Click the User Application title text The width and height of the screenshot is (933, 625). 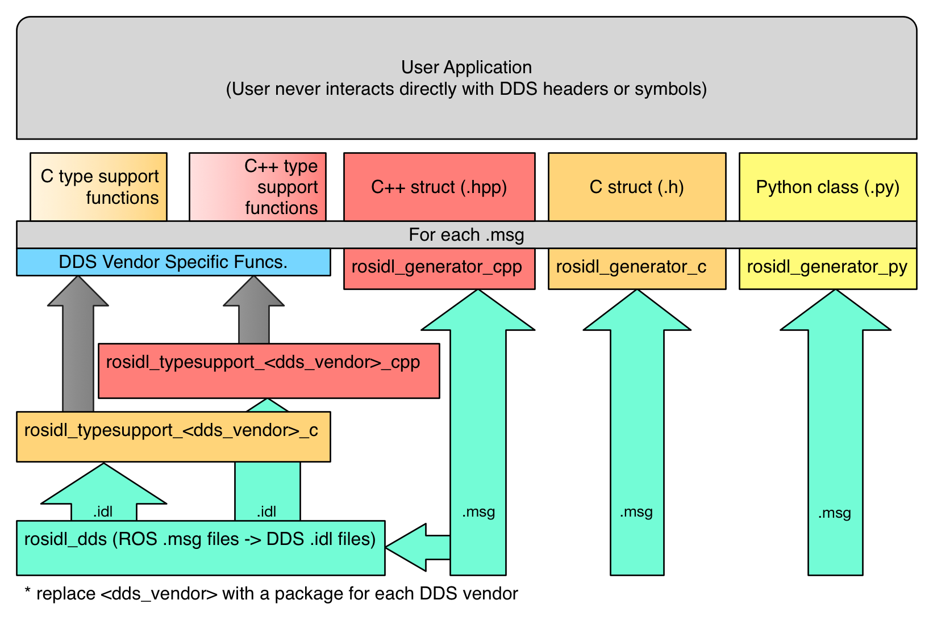[x=466, y=68]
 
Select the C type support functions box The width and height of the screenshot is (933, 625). [x=98, y=187]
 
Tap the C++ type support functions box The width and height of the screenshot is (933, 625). [x=257, y=187]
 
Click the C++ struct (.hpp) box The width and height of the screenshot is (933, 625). [x=439, y=187]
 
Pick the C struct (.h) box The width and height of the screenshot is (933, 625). [x=636, y=187]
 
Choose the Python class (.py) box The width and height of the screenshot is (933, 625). [x=827, y=187]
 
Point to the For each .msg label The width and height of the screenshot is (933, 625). [x=466, y=234]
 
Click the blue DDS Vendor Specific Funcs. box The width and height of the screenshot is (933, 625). [x=173, y=262]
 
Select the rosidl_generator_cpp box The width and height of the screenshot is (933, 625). [x=439, y=267]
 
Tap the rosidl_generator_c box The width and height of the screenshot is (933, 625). [x=636, y=267]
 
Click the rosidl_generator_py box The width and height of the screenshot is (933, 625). [x=827, y=267]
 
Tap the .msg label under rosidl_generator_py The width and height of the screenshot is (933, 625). [x=834, y=513]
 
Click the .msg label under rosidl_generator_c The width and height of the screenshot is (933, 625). [x=636, y=512]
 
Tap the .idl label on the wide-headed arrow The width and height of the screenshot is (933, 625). [x=103, y=511]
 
